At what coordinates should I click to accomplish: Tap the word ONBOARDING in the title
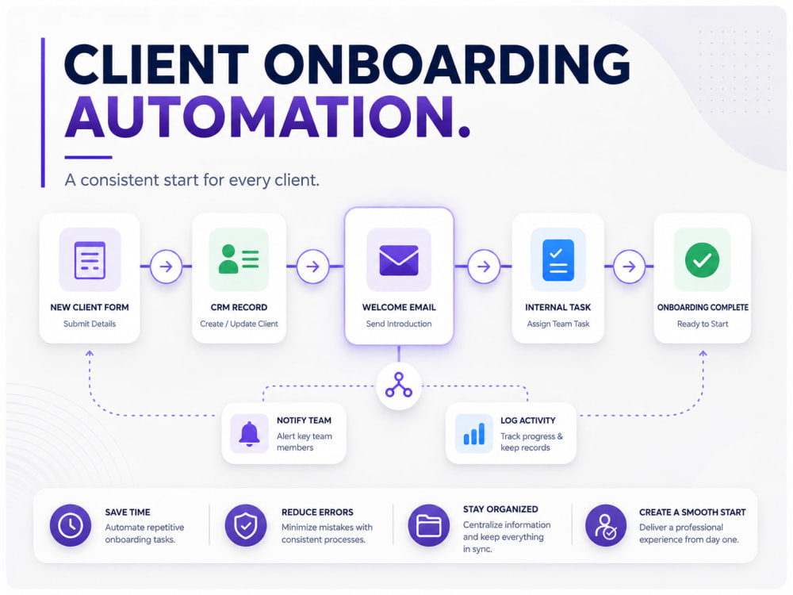point(446,64)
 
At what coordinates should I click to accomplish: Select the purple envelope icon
point(399,260)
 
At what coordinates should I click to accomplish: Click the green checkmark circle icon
point(702,259)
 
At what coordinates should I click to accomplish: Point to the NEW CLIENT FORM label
point(90,307)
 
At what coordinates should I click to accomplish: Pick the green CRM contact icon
point(239,259)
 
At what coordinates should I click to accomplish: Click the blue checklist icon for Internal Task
point(557,259)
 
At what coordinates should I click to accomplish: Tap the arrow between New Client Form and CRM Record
point(166,266)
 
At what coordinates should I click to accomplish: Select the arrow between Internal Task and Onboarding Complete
point(629,266)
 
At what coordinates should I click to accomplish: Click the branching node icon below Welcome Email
point(399,385)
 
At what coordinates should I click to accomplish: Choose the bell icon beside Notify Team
point(249,434)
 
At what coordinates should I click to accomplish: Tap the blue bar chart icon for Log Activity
point(474,434)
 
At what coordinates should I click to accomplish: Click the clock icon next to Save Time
point(71,525)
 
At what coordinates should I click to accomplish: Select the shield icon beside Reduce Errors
point(245,525)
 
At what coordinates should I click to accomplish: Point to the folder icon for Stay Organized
point(429,525)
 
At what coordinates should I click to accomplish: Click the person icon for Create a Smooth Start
point(606,525)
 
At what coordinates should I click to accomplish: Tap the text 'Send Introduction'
point(399,324)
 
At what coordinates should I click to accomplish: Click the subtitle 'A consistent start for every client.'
point(192,180)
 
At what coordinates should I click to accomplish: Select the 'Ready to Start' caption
point(703,324)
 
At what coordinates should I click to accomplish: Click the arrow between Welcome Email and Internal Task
point(484,266)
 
